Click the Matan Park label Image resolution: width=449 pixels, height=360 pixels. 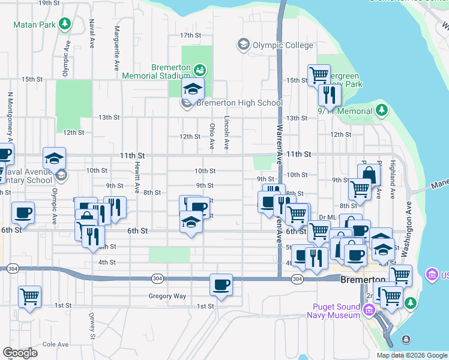click(x=34, y=25)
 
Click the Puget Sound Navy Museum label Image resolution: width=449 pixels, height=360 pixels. click(x=333, y=310)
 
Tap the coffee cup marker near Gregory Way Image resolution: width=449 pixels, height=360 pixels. click(x=221, y=284)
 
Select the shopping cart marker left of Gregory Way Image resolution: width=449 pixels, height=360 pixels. click(x=30, y=296)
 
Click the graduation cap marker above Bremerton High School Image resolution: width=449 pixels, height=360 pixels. click(x=193, y=89)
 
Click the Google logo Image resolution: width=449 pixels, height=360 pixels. click(x=20, y=352)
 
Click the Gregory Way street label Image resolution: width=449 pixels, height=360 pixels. click(x=167, y=296)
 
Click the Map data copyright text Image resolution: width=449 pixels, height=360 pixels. click(x=411, y=355)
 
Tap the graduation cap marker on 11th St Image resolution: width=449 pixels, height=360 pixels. click(x=54, y=159)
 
